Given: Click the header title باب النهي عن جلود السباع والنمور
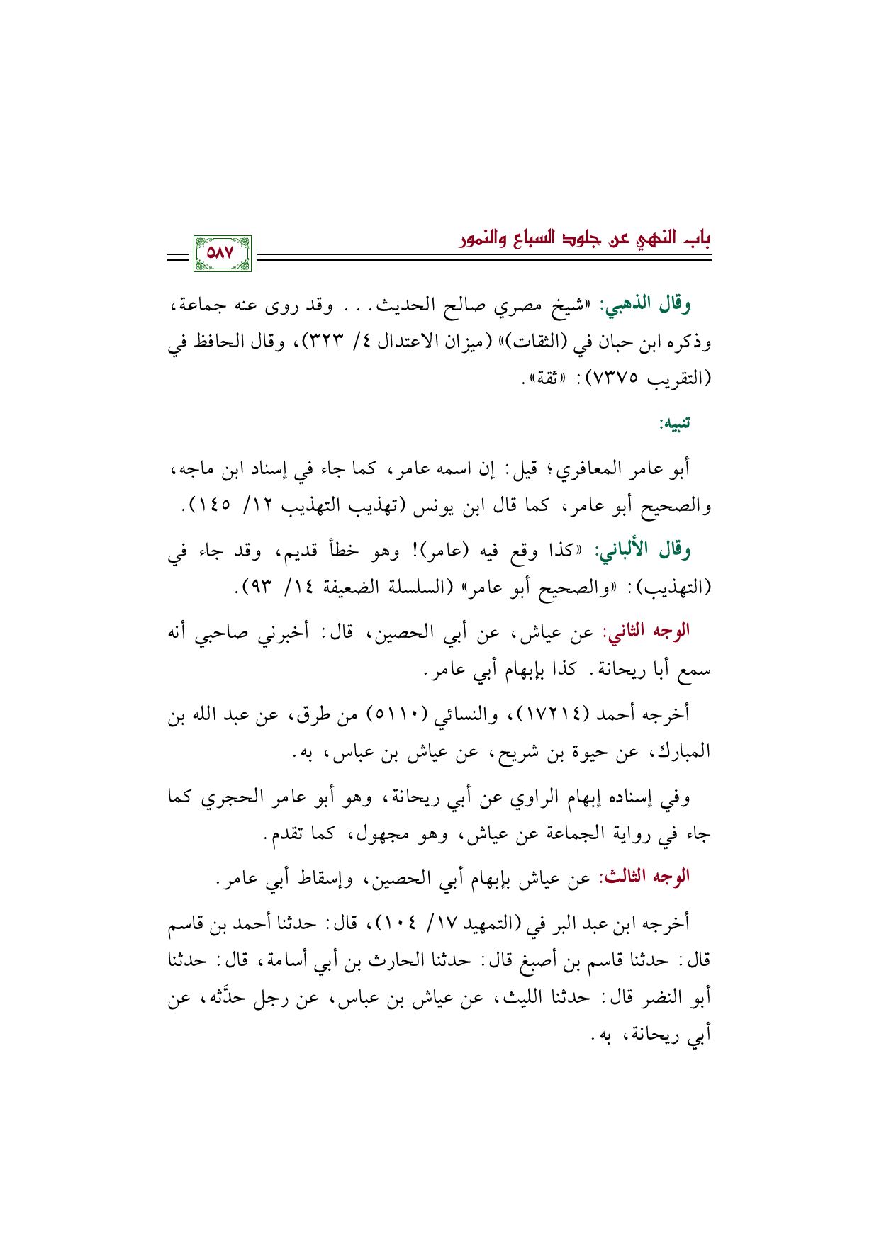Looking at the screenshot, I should pos(584,239).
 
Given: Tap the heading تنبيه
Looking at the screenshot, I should pos(674,424).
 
